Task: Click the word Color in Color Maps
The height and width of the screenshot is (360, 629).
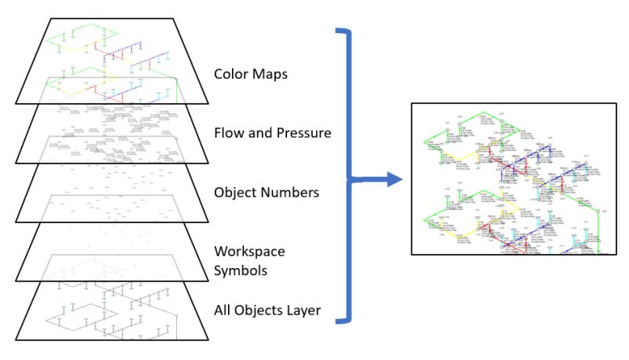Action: (230, 75)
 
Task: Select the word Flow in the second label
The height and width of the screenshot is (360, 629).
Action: (229, 133)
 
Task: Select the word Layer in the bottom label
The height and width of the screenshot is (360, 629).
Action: (301, 310)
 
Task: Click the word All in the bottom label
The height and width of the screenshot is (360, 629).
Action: (223, 310)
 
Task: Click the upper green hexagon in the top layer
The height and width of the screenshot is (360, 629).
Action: (80, 37)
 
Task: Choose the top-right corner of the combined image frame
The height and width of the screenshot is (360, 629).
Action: (616, 104)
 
